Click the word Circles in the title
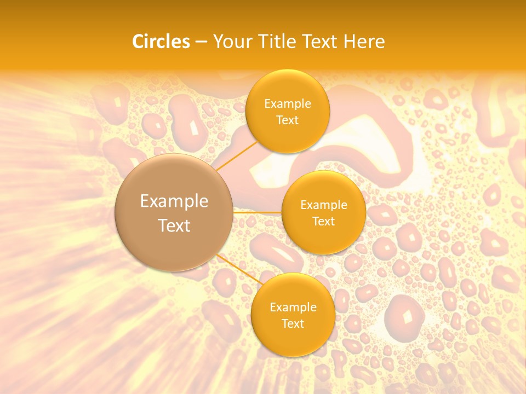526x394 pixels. click(x=161, y=42)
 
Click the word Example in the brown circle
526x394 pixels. click(x=174, y=201)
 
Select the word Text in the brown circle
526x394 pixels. click(x=174, y=225)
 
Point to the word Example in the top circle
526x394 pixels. click(x=288, y=104)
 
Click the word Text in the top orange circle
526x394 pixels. click(x=287, y=120)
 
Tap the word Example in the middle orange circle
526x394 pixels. click(x=324, y=205)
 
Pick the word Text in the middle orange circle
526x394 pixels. click(x=323, y=222)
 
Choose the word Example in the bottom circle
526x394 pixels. click(x=293, y=308)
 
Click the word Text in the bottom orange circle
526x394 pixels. click(x=293, y=324)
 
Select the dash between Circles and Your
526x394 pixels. click(x=201, y=42)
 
